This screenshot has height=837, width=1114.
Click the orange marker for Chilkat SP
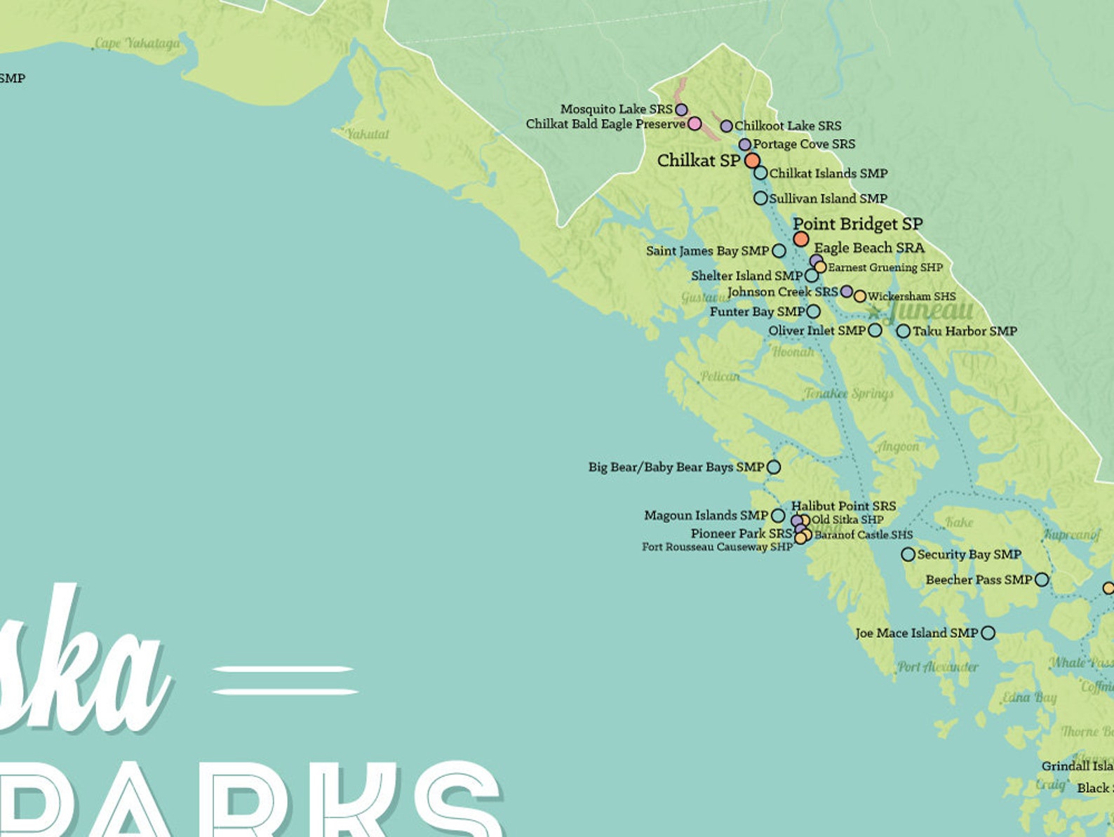[x=752, y=160]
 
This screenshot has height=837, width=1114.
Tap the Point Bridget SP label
[x=857, y=224]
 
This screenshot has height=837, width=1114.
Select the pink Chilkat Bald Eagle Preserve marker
[x=694, y=123]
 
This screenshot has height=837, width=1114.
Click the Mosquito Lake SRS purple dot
[x=681, y=109]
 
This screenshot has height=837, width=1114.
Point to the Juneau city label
[x=930, y=310]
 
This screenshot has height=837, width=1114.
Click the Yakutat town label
[x=367, y=133]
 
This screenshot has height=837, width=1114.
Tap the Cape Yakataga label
[x=137, y=43]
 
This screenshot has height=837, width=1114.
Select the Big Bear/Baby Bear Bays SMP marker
[x=773, y=467]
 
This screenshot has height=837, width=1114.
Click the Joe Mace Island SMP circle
[x=988, y=633]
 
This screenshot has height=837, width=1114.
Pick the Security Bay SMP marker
[x=908, y=554]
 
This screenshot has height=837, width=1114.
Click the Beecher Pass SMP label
[x=979, y=580]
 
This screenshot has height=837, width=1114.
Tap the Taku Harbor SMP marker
[x=904, y=330]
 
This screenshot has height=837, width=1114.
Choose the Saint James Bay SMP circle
[x=779, y=250]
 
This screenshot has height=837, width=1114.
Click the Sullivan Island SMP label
[x=828, y=199]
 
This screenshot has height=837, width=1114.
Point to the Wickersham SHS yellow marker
[x=860, y=296]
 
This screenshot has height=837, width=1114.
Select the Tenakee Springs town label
[x=849, y=393]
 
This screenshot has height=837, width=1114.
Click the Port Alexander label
[x=938, y=667]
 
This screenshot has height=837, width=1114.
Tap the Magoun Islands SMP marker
[x=778, y=516]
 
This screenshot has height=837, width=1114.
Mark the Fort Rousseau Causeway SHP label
[x=717, y=547]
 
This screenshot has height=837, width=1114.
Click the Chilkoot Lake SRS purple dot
[x=727, y=126]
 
